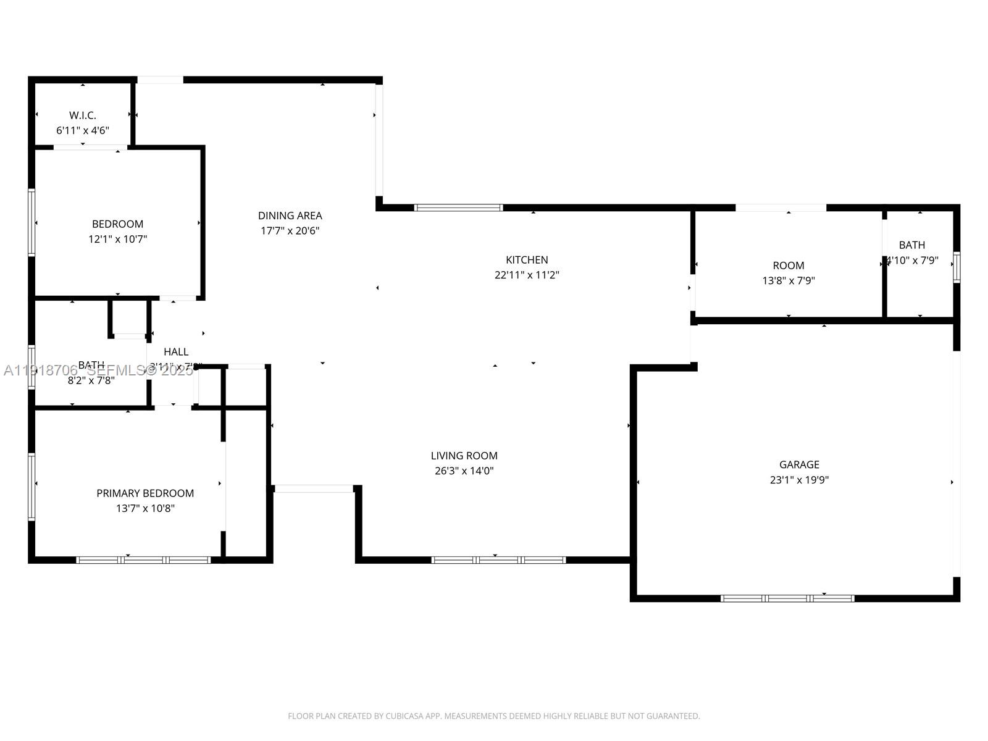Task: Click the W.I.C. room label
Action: (x=82, y=115)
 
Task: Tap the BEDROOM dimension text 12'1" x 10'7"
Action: (x=117, y=239)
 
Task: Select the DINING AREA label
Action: (x=290, y=216)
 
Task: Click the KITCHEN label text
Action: (x=527, y=260)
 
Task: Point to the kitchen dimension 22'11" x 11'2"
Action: (x=527, y=275)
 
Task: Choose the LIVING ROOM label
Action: (x=464, y=456)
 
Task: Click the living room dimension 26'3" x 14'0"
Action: (x=464, y=471)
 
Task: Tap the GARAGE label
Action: (x=799, y=464)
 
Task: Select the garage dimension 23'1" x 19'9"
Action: (x=799, y=480)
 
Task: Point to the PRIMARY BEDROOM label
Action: (x=145, y=493)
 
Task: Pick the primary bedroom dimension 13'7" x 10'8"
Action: (x=145, y=508)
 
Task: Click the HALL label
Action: (x=176, y=352)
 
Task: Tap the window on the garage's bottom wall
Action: (x=787, y=598)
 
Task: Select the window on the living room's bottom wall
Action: (x=498, y=560)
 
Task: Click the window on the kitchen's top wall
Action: (x=458, y=208)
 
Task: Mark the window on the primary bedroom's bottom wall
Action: (x=143, y=560)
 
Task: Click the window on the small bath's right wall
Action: (x=957, y=267)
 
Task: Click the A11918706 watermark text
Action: (x=41, y=371)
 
